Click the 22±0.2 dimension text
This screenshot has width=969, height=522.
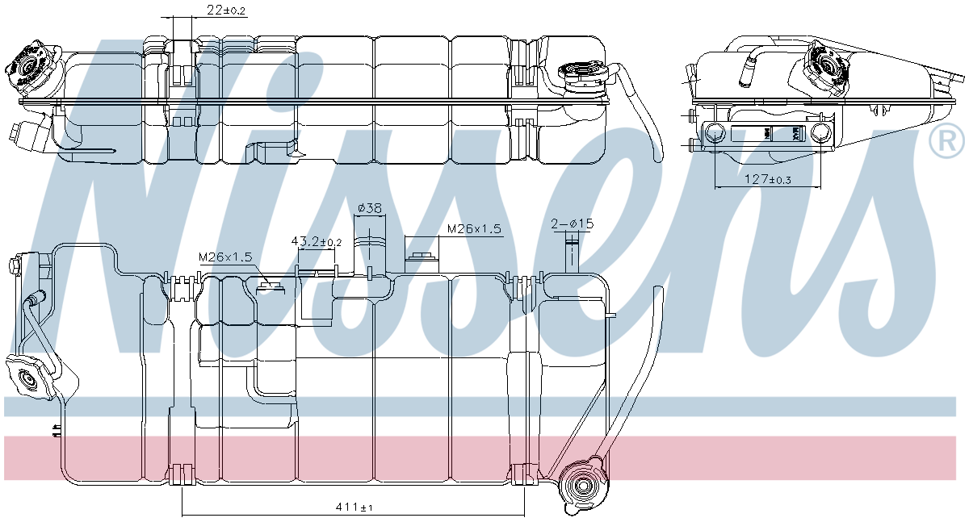click(203, 10)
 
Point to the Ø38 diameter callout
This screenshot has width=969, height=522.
click(369, 208)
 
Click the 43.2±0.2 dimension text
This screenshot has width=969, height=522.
click(316, 241)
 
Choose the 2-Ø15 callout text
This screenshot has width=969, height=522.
click(572, 223)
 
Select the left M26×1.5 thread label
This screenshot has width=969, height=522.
click(226, 257)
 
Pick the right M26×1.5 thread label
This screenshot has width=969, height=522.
click(474, 229)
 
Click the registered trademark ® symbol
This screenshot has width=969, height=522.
click(946, 142)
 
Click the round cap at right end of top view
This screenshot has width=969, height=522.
click(584, 77)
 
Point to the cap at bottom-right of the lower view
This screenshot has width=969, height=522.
click(582, 486)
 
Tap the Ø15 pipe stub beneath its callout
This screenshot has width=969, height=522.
click(573, 254)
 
